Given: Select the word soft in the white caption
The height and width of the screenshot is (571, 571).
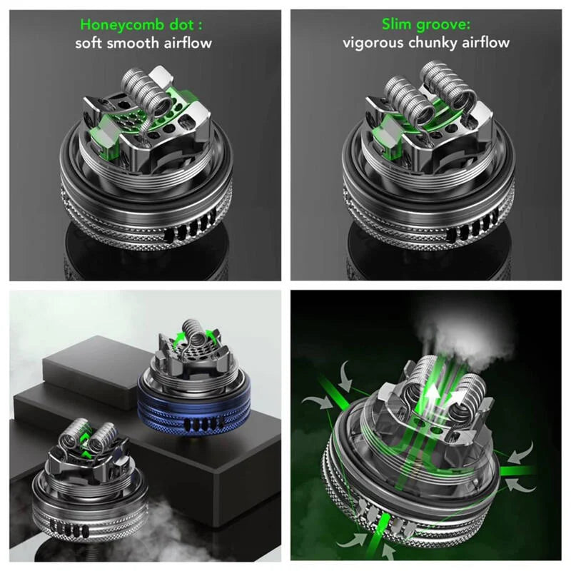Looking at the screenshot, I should coord(91,43).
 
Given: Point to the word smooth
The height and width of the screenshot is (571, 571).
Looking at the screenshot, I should coord(136,43).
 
